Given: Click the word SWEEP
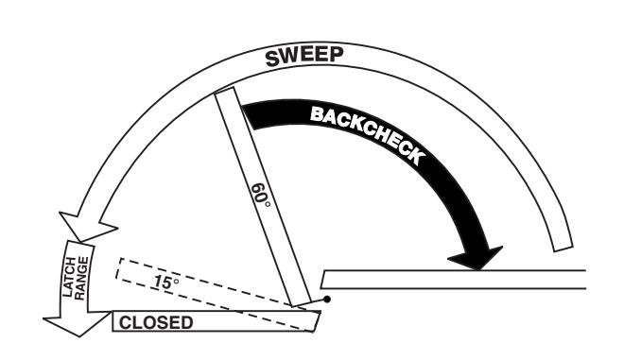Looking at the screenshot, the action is pyautogui.click(x=304, y=57).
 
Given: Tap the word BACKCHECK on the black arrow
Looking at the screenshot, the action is pyautogui.click(x=366, y=133).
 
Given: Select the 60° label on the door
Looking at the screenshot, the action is pyautogui.click(x=261, y=196).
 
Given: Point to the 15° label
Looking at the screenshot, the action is pyautogui.click(x=166, y=282).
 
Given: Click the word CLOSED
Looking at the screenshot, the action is pyautogui.click(x=156, y=322).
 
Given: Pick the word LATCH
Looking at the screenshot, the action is pyautogui.click(x=69, y=277).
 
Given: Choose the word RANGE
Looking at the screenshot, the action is pyautogui.click(x=81, y=278).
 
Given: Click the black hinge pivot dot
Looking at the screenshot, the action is pyautogui.click(x=327, y=300).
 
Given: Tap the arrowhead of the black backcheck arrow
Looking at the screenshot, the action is pyautogui.click(x=476, y=258).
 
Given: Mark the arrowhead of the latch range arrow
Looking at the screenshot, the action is pyautogui.click(x=78, y=323).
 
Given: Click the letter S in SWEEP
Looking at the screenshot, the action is pyautogui.click(x=273, y=59).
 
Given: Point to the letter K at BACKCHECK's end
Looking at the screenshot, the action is pyautogui.click(x=416, y=156).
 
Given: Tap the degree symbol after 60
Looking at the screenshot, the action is pyautogui.click(x=267, y=204).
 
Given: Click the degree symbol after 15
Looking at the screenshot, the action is pyautogui.click(x=176, y=282).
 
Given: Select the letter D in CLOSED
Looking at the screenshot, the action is pyautogui.click(x=186, y=322).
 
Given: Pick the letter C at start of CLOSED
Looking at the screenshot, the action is pyautogui.click(x=125, y=322).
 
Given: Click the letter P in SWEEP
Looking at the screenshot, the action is pyautogui.click(x=337, y=55).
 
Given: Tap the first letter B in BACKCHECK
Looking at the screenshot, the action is pyautogui.click(x=317, y=114).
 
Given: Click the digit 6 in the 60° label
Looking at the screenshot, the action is pyautogui.click(x=258, y=188).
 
